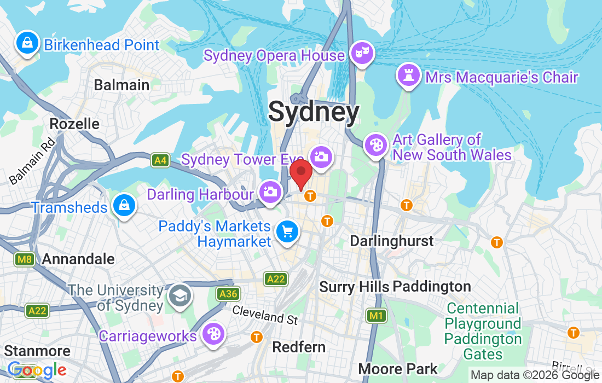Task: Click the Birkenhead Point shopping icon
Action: [x=26, y=43]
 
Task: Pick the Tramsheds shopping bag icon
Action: [x=124, y=206]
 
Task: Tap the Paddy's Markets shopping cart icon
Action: [x=287, y=232]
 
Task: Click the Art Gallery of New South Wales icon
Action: [x=376, y=146]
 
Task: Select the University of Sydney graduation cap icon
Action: [x=180, y=295]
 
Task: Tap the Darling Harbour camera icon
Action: [x=270, y=192]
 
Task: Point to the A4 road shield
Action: [x=160, y=160]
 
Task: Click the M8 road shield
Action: [x=24, y=259]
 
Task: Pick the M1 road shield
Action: [x=375, y=315]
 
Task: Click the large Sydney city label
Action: [x=314, y=112]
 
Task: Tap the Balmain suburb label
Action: [x=121, y=85]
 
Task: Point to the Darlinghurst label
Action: [x=391, y=241]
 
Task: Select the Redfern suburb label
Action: [x=299, y=347]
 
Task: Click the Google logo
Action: [x=37, y=370]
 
